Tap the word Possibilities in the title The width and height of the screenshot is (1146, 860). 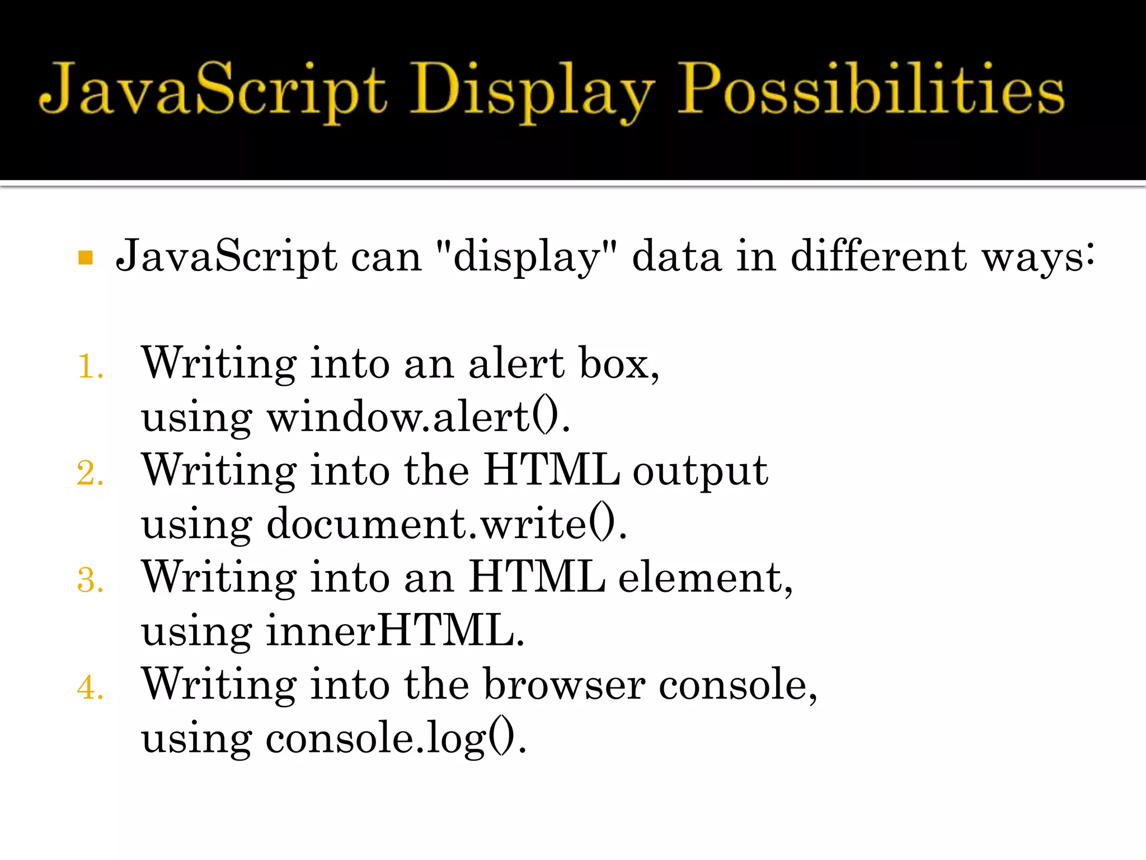(870, 90)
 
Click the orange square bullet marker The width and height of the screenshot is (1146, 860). (86, 258)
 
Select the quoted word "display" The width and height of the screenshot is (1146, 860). (526, 256)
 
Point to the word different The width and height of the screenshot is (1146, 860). (879, 255)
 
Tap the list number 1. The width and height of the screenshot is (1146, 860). (90, 367)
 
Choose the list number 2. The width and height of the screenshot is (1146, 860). (90, 474)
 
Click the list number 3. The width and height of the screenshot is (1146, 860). (90, 580)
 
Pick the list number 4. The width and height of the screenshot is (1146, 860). (90, 688)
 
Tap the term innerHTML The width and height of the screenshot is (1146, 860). (394, 630)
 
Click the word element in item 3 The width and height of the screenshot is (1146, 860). (705, 578)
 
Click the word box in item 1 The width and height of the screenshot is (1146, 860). (618, 363)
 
